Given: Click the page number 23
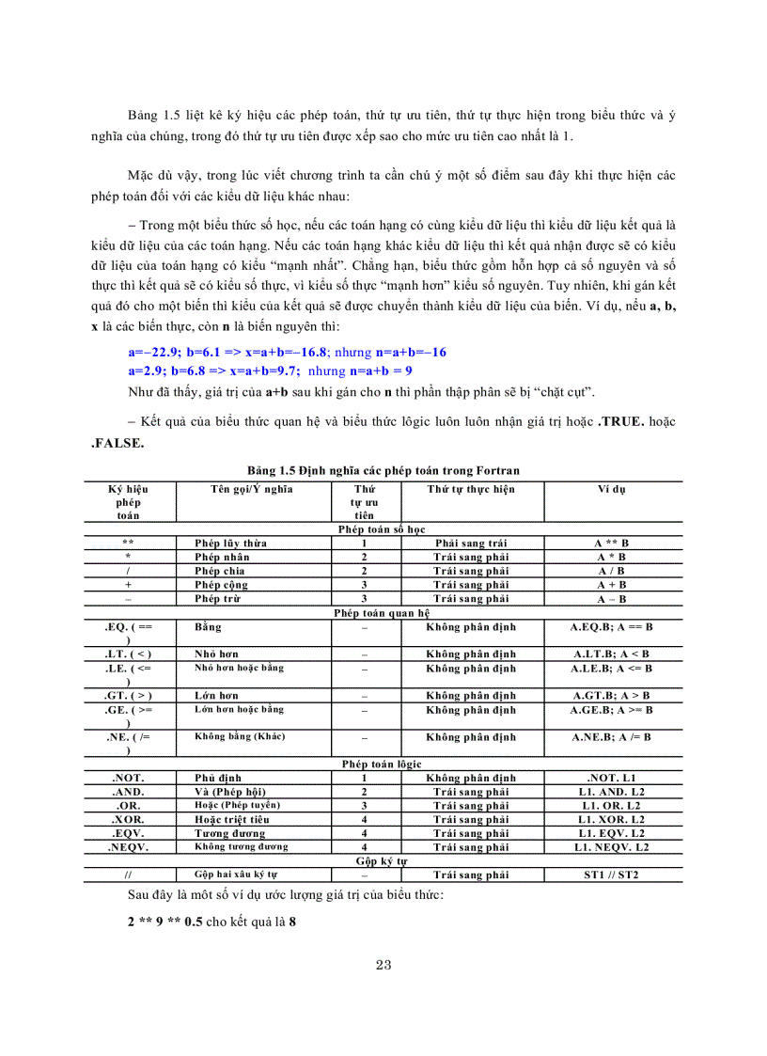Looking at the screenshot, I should click(x=383, y=965).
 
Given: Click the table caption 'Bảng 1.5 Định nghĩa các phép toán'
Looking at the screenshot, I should click(x=383, y=469).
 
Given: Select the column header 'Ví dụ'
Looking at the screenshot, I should click(x=612, y=489).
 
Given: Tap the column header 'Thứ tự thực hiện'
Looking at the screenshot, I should click(x=471, y=489).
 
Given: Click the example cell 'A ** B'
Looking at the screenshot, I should click(x=612, y=543).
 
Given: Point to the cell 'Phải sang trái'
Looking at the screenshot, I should click(x=471, y=543).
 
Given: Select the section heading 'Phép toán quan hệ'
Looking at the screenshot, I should click(x=383, y=611).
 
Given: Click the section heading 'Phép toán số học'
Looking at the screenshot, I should click(x=383, y=529).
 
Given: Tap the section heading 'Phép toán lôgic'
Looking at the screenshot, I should click(x=383, y=765).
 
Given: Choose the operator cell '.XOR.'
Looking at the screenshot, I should click(x=128, y=819).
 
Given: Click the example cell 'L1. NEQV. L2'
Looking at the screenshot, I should click(x=612, y=846).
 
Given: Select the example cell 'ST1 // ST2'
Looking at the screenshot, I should click(x=612, y=875).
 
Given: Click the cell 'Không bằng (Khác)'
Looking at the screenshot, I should click(x=240, y=736).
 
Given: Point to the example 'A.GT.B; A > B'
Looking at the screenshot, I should click(x=612, y=695).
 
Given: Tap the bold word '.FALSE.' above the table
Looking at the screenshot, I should click(x=117, y=443).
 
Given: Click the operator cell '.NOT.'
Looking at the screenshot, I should click(x=128, y=779).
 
